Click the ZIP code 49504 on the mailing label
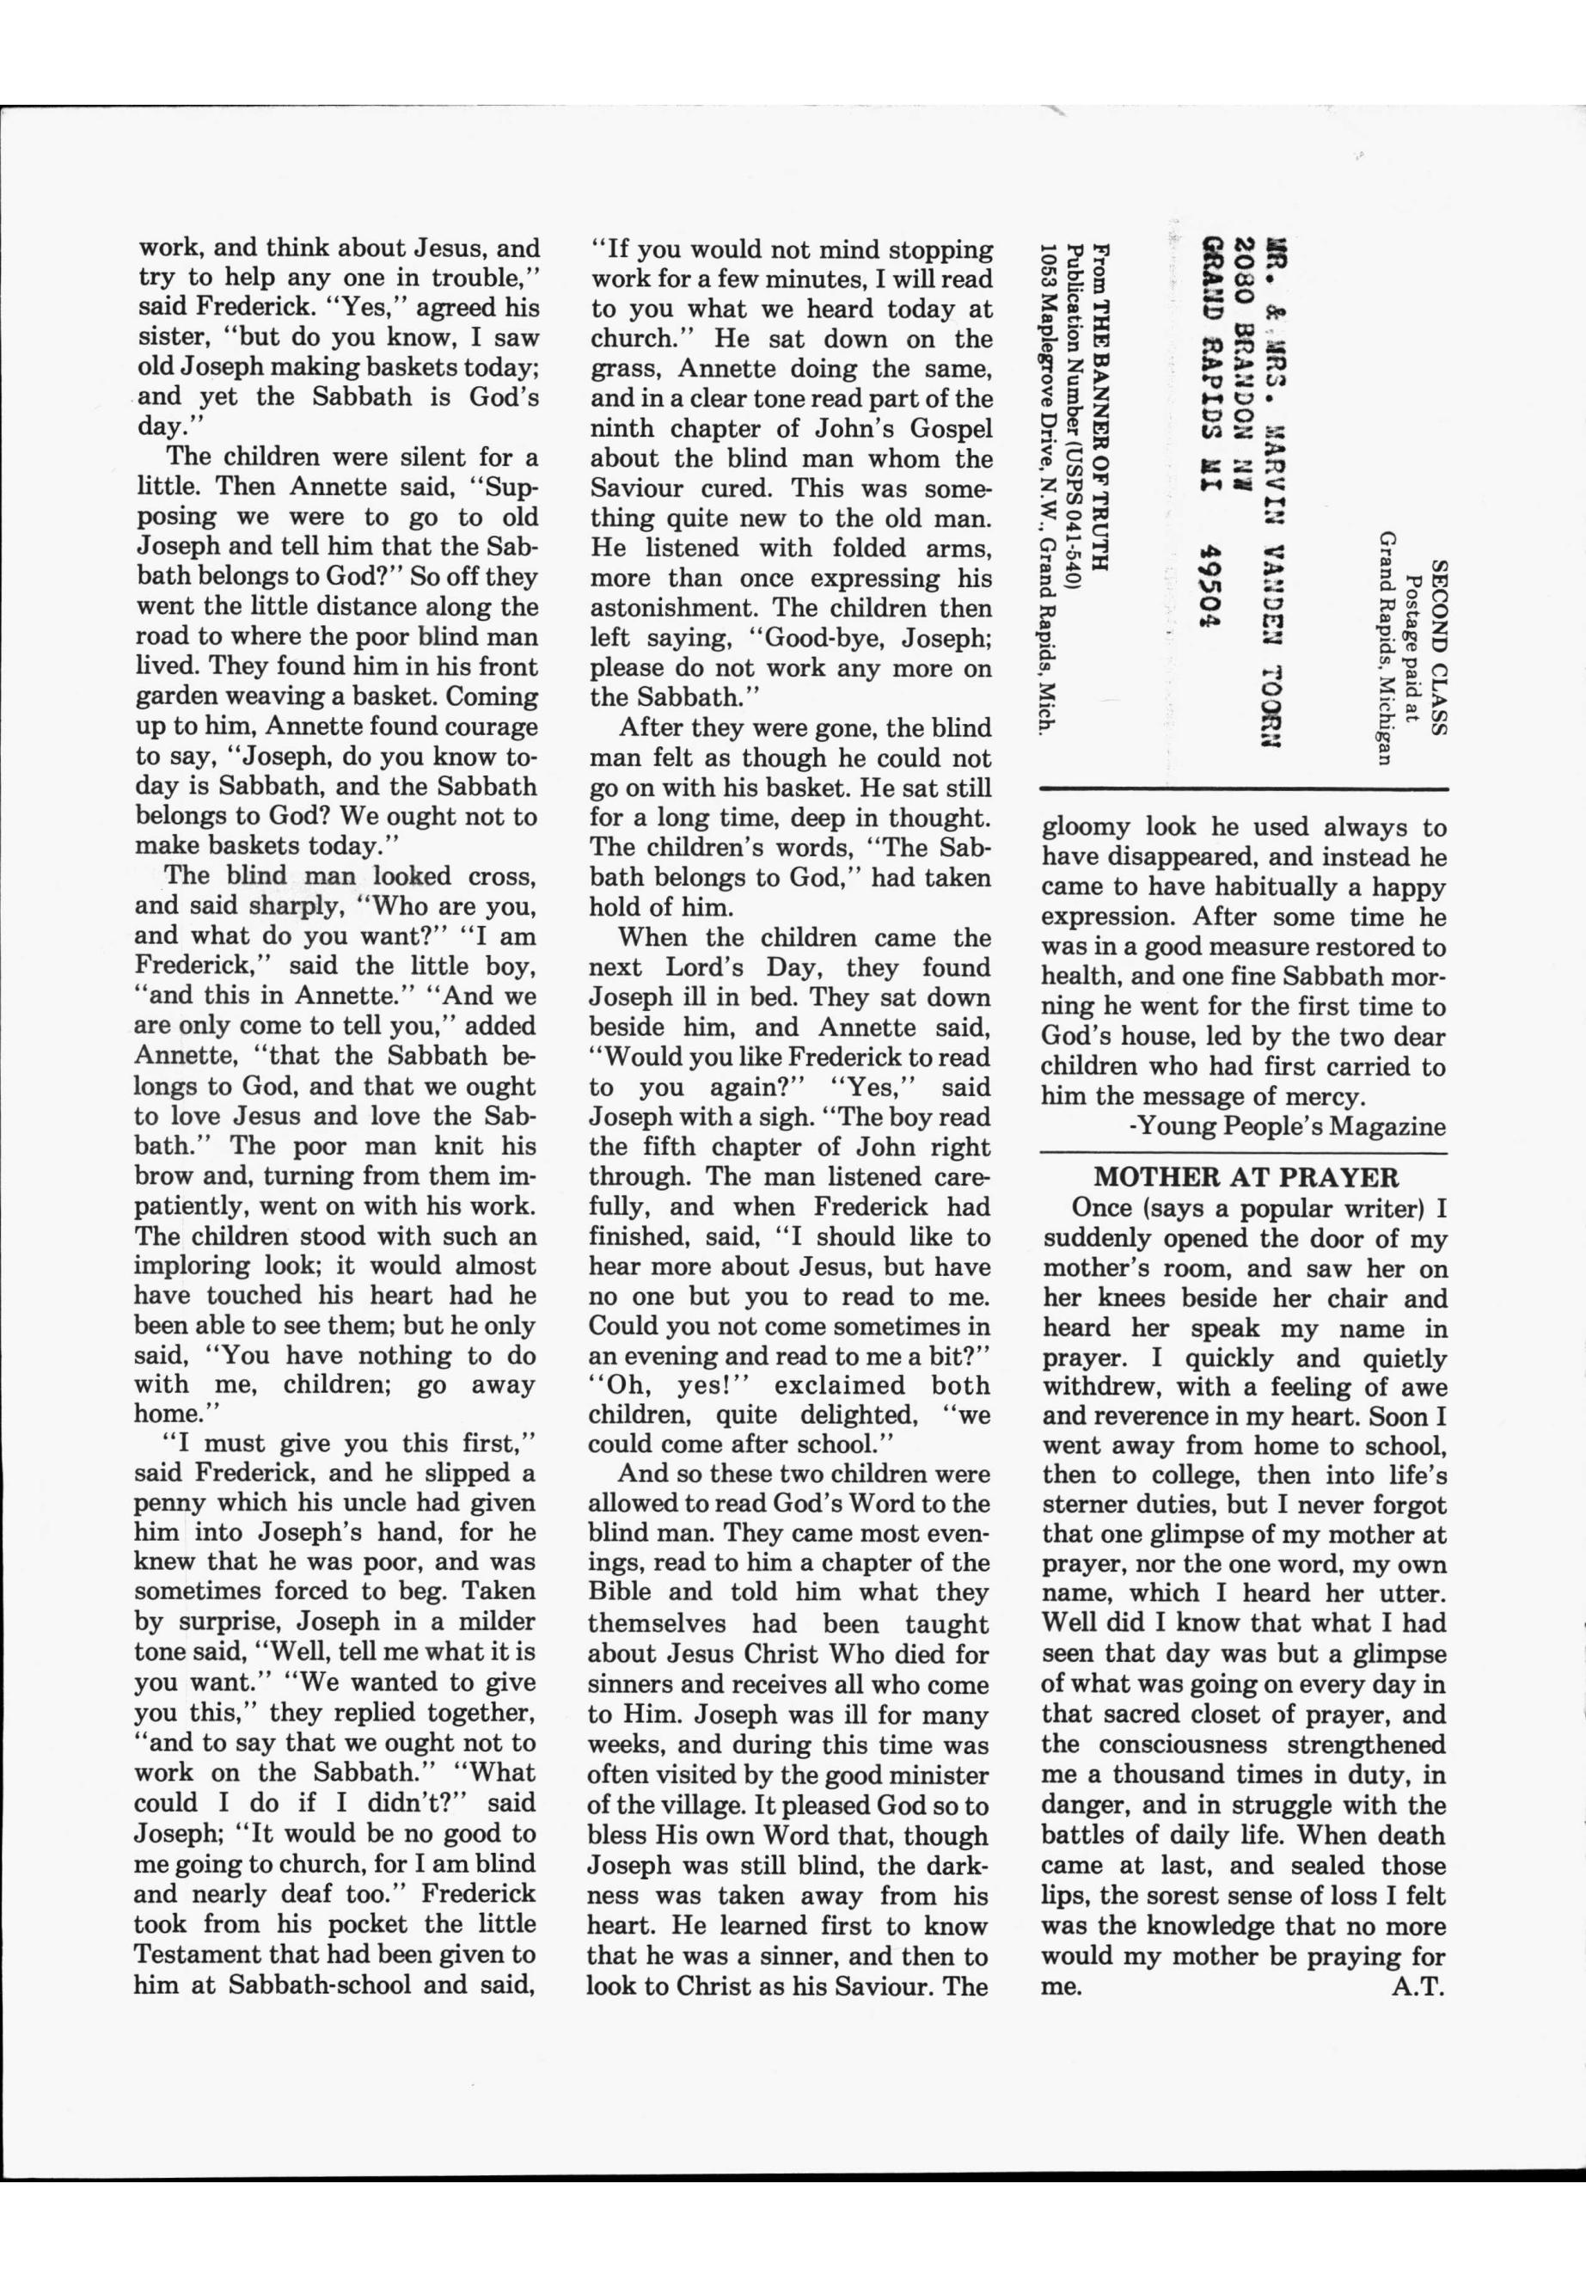click(x=1210, y=586)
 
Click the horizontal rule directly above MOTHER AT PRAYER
click(x=1243, y=1153)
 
